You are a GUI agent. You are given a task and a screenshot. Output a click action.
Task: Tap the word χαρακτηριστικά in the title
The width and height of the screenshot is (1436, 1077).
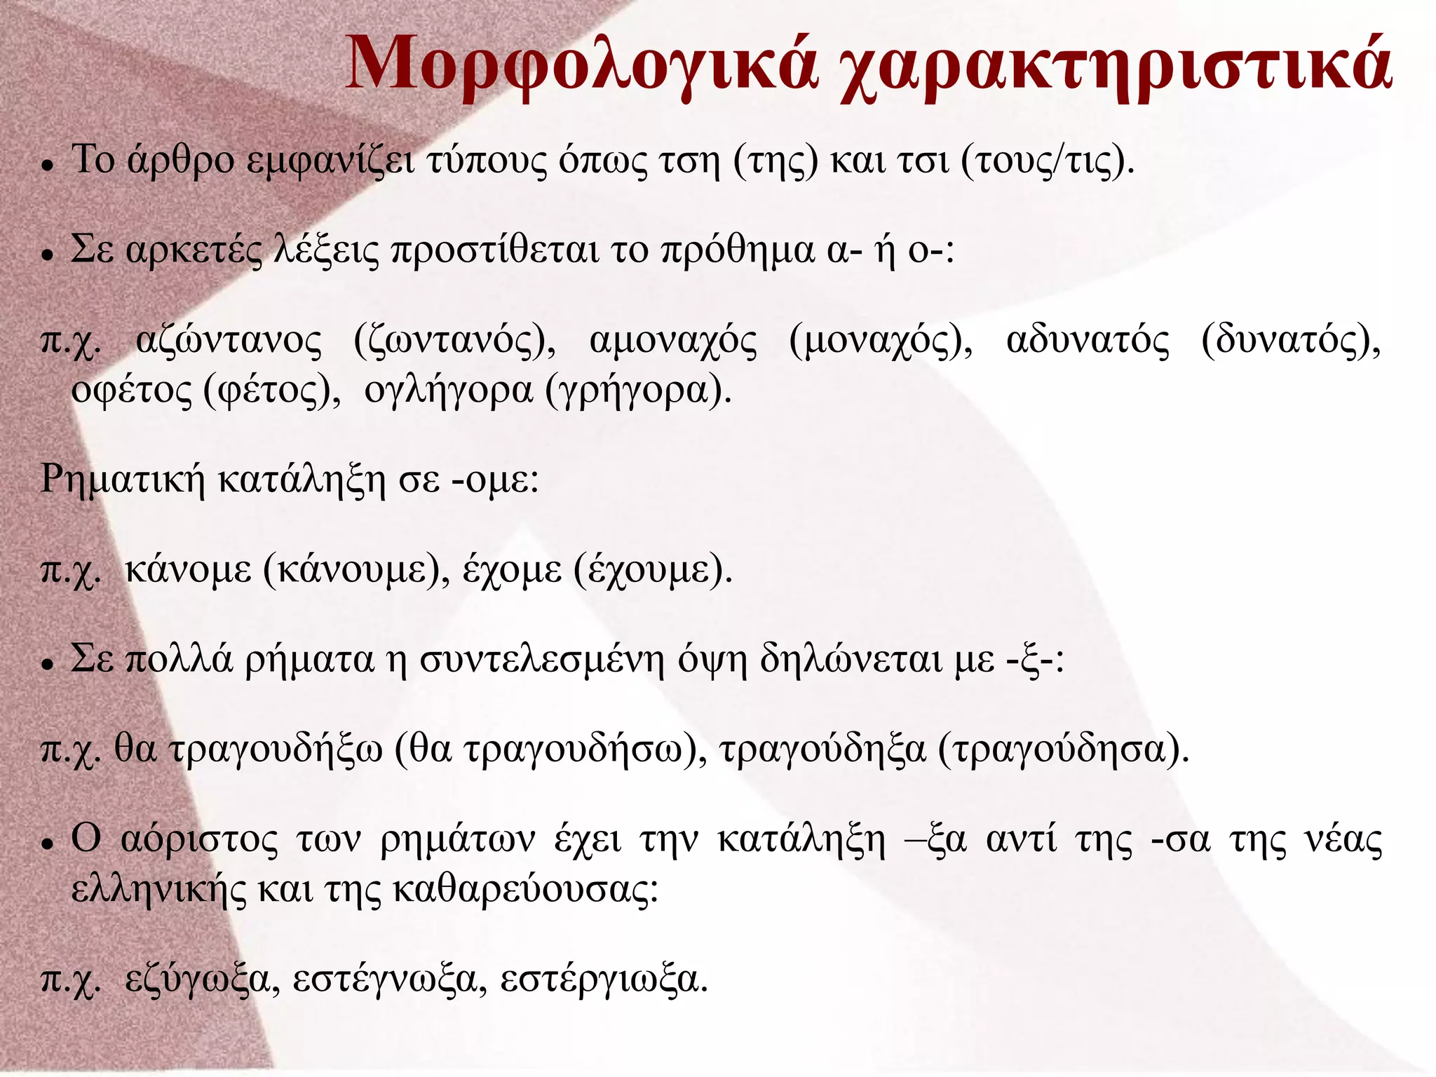click(1116, 67)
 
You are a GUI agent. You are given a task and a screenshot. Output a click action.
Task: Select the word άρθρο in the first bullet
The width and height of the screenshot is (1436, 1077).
click(181, 161)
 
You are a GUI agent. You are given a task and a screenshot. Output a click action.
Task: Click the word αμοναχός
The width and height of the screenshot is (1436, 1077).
click(673, 342)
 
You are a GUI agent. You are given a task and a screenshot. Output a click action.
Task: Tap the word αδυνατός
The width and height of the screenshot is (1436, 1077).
click(1088, 341)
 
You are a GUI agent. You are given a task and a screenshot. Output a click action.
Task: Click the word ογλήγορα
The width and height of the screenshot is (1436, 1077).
click(448, 391)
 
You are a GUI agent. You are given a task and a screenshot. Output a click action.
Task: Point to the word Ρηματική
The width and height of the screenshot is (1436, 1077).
click(123, 480)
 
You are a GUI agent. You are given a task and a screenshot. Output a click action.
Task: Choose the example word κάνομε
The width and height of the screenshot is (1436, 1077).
click(188, 569)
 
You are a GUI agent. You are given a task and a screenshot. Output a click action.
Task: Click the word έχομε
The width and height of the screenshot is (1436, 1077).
click(512, 569)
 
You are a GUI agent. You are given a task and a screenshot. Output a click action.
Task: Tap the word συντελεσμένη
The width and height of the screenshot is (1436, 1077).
click(542, 660)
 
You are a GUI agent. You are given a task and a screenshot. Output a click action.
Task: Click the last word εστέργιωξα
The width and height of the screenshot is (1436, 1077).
click(600, 980)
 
